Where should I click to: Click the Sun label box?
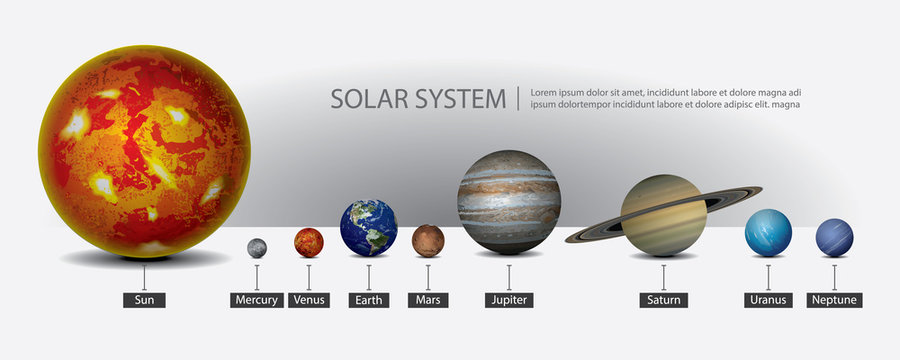coord(144,300)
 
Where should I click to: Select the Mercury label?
coord(256,300)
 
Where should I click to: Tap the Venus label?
coord(309,300)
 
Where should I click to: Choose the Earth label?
coord(369,300)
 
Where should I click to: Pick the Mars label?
coord(428,300)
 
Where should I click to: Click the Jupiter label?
coord(509,300)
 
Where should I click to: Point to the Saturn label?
coord(664,300)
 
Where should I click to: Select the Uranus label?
coord(768,300)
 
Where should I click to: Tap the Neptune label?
coord(835,300)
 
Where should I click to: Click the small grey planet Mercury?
coord(257,247)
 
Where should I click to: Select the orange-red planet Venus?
coord(309,242)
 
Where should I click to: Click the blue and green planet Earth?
coord(369,228)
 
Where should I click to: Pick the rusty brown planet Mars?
coord(428,240)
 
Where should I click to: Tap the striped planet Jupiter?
coord(509,201)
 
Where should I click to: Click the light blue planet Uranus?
coord(768,233)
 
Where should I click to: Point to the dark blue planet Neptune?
coord(835,238)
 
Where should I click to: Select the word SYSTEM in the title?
coord(460,99)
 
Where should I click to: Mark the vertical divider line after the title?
coord(518,98)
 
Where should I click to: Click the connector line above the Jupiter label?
coord(509,277)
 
